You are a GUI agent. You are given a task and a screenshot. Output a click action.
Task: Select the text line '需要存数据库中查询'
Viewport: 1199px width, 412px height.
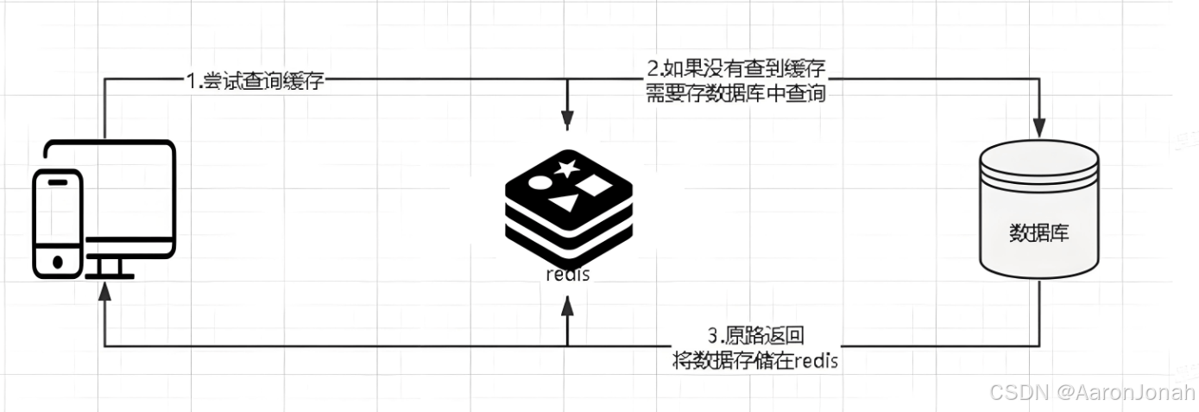click(x=736, y=93)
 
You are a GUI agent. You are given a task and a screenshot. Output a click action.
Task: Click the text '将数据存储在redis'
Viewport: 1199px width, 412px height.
click(x=756, y=360)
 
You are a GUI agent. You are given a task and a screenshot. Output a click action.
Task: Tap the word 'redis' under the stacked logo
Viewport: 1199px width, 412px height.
click(x=567, y=276)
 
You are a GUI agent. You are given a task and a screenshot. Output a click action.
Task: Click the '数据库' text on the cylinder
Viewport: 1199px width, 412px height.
click(x=1038, y=233)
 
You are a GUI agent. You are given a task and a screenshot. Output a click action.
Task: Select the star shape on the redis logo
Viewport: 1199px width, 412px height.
click(x=566, y=168)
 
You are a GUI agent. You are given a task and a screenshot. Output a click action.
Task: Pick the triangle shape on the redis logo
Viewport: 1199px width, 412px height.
click(x=565, y=203)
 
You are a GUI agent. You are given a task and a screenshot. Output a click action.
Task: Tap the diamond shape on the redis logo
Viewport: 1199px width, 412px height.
click(x=596, y=185)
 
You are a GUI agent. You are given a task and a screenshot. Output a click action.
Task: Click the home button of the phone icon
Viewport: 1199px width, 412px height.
click(x=58, y=261)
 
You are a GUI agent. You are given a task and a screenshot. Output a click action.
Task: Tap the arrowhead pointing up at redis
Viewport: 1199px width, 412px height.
click(x=567, y=304)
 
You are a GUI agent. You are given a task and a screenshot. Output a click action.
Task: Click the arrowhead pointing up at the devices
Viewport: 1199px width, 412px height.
click(x=104, y=292)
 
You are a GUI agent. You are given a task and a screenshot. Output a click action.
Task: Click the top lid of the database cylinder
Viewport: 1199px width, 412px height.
click(x=1039, y=158)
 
